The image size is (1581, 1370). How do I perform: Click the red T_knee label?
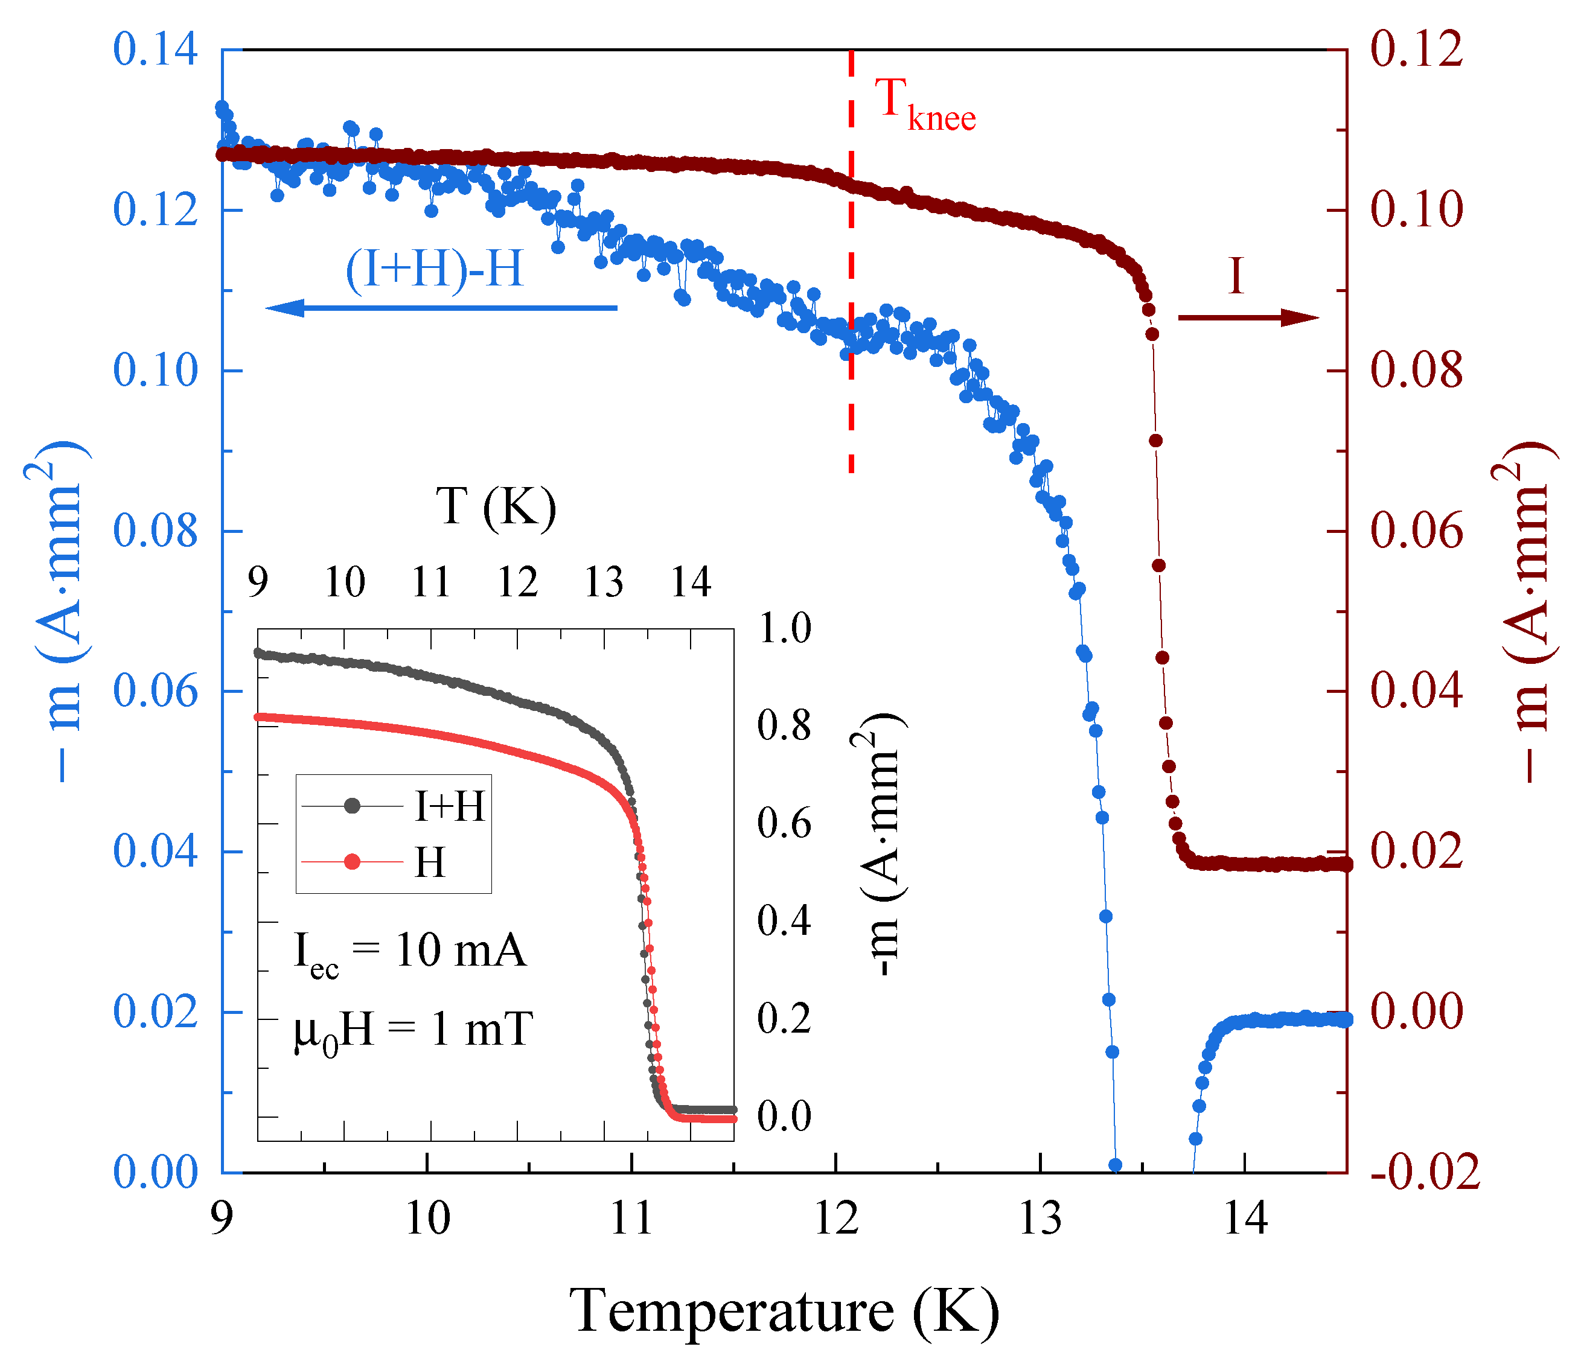point(924,106)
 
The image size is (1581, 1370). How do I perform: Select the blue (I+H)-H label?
point(434,269)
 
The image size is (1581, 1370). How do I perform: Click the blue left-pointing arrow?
point(440,308)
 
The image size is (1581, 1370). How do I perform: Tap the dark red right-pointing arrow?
point(1248,317)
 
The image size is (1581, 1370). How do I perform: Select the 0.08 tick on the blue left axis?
point(155,530)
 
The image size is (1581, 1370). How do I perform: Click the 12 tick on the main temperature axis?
point(835,1218)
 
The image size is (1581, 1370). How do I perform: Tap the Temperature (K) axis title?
point(784,1312)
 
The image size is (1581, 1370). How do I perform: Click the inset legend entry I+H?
point(449,806)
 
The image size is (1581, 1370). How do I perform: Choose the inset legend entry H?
point(430,862)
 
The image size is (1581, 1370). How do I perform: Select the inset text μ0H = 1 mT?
point(413,1031)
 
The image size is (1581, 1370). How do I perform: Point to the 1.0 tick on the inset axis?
point(784,628)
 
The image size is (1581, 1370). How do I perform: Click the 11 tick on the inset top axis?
point(431,582)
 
